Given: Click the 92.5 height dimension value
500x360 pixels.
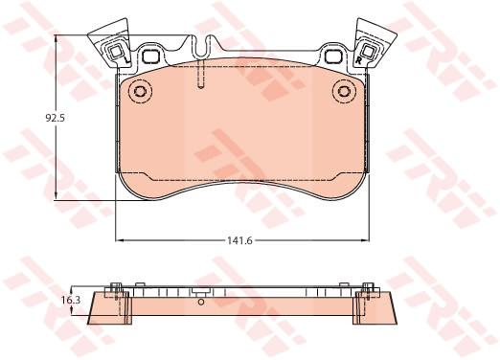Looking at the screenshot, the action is (x=56, y=118).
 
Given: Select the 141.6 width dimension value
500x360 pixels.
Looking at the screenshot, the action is (x=239, y=240).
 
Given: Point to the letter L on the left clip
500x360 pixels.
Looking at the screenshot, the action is (x=125, y=60).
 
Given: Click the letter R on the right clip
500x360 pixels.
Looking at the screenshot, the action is (x=358, y=60).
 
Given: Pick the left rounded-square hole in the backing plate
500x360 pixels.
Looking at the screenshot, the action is (x=150, y=56).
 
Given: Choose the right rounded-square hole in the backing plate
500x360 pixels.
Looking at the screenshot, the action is (x=333, y=56).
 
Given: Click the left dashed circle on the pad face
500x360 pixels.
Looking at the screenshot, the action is (x=140, y=91).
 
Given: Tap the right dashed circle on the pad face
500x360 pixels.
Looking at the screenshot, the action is (x=344, y=91).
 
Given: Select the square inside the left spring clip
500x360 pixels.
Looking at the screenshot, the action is (x=115, y=52).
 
